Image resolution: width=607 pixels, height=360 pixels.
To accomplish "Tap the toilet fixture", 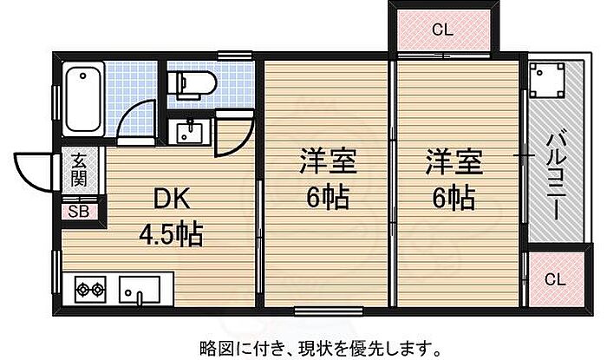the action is click(192, 83).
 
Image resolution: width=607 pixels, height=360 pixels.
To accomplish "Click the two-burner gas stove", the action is click(89, 288).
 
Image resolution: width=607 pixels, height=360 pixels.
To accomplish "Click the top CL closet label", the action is click(442, 30).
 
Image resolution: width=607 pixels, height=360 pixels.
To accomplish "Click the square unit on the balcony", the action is click(547, 82).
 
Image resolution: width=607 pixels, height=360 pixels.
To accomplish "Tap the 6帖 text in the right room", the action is click(452, 199).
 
